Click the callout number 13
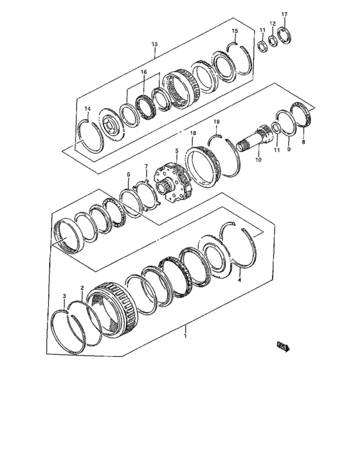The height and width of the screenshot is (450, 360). point(154,44)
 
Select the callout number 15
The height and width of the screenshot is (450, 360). point(235,31)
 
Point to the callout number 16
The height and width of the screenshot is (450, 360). point(144,72)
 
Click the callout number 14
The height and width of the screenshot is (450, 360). point(88,109)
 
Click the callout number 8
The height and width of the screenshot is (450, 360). point(303,142)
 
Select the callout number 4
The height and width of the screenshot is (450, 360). point(239,280)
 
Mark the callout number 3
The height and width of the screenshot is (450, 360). point(64,295)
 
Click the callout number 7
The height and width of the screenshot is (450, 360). point(146,166)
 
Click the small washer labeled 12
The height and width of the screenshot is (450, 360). point(273,41)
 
